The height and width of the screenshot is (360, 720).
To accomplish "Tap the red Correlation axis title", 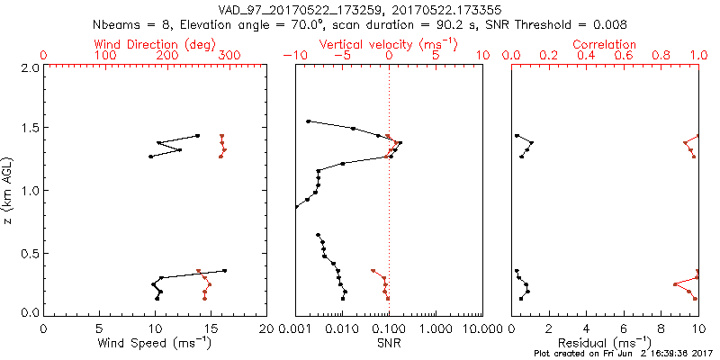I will [605, 44].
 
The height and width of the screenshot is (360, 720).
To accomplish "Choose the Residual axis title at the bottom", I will [605, 342].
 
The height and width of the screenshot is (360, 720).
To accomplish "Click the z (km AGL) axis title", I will [10, 190].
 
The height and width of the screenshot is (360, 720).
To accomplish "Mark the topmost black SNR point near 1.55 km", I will [308, 121].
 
